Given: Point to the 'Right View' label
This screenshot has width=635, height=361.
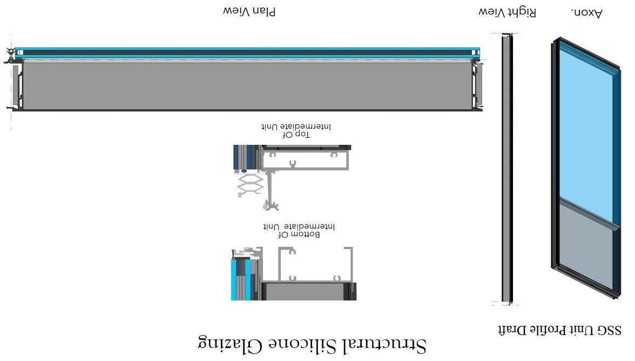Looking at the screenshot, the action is tap(508, 12).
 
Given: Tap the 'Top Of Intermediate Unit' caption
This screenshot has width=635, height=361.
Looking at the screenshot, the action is tap(296, 131).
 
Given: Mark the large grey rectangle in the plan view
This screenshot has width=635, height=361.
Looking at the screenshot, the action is tap(248, 85).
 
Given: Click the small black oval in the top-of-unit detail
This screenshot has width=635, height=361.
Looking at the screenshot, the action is tap(244, 171).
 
